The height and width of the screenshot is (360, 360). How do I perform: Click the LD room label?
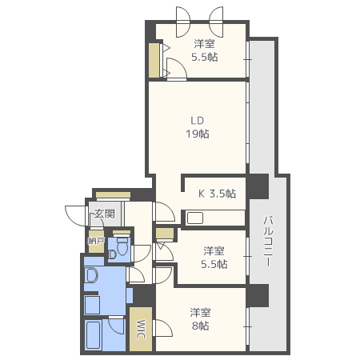click(x=198, y=121)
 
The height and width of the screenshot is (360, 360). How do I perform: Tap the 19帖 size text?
click(x=198, y=134)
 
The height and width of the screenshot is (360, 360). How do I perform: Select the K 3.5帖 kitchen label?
click(x=217, y=194)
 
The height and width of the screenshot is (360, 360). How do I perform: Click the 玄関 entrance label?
click(x=105, y=214)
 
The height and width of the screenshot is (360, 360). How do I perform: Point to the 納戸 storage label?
click(x=96, y=241)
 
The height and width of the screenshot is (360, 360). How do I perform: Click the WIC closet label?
click(x=141, y=329)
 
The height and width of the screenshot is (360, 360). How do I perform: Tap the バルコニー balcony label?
click(x=268, y=242)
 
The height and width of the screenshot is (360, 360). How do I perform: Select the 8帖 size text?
click(x=201, y=326)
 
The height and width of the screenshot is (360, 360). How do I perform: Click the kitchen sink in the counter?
click(x=195, y=218)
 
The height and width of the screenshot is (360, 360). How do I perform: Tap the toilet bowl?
click(x=122, y=247)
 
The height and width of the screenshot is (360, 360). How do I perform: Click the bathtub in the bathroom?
click(x=93, y=335)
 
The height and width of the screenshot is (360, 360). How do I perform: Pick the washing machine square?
click(x=92, y=305)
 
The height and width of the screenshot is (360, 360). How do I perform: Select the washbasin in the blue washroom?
click(x=91, y=275)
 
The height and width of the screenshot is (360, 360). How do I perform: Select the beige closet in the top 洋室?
click(x=154, y=61)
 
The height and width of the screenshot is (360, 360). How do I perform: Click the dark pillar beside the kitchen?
click(x=258, y=186)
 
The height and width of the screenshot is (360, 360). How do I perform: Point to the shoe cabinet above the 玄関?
click(x=114, y=195)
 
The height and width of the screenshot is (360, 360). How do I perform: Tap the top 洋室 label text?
click(x=205, y=44)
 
